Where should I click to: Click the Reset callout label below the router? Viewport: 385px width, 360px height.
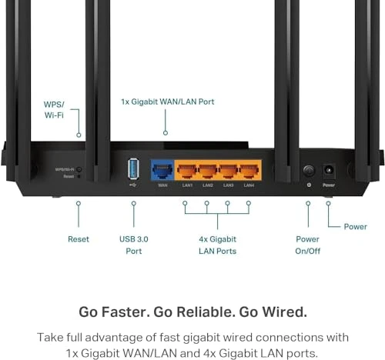point(79,239)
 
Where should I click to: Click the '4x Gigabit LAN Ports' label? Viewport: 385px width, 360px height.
point(216,245)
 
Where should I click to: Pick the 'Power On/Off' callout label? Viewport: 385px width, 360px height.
point(307,245)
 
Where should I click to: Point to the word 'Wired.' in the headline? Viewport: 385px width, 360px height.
point(283,312)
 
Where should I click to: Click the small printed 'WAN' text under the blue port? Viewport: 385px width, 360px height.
point(162,185)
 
